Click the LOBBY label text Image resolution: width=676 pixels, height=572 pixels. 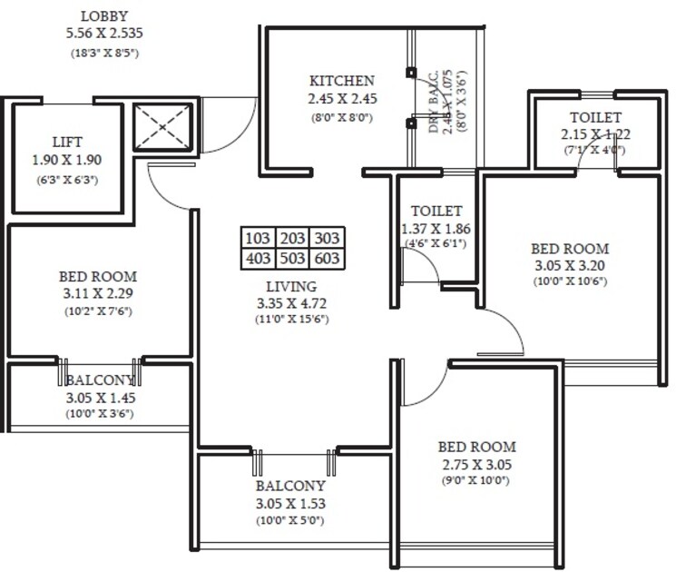pyautogui.click(x=104, y=16)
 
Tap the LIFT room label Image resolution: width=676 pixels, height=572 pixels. pyautogui.click(x=68, y=142)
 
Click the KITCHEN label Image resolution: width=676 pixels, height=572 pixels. pyautogui.click(x=341, y=81)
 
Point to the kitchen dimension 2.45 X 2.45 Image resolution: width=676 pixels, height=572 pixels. pyautogui.click(x=341, y=98)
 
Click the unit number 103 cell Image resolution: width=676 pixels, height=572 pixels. pyautogui.click(x=259, y=238)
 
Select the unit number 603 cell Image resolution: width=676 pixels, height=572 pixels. pyautogui.click(x=328, y=259)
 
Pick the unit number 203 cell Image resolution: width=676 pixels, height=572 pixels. pyautogui.click(x=293, y=238)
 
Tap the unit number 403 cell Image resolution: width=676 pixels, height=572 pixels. pyautogui.click(x=259, y=259)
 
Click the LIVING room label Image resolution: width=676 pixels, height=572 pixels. pyautogui.click(x=291, y=286)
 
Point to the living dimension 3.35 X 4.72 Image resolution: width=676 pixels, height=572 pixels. pyautogui.click(x=291, y=302)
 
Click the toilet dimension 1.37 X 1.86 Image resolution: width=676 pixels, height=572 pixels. pyautogui.click(x=436, y=229)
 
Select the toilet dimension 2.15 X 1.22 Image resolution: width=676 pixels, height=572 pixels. pyautogui.click(x=595, y=133)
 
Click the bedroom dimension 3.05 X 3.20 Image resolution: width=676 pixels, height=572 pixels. pyautogui.click(x=570, y=265)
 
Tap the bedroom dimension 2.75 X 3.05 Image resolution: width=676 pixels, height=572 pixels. pyautogui.click(x=476, y=463)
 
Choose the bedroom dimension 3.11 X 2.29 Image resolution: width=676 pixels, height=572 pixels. pyautogui.click(x=98, y=292)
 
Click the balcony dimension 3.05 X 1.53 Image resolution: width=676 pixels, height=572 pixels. pyautogui.click(x=290, y=503)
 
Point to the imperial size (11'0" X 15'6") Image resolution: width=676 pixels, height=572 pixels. pyautogui.click(x=291, y=319)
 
